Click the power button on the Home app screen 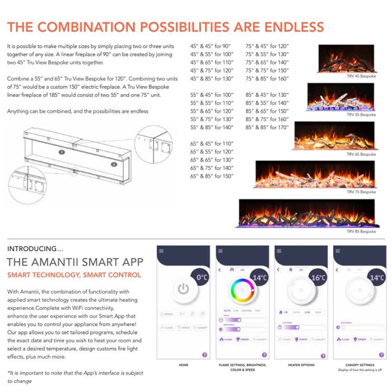click(x=183, y=290)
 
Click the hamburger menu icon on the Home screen click(x=161, y=251)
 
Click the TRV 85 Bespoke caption click(x=361, y=231)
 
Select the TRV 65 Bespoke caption click(x=361, y=154)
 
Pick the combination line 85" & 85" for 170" click(x=267, y=128)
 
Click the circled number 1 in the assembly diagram click(x=62, y=152)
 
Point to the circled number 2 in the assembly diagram click(x=114, y=165)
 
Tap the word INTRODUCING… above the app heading click(x=31, y=249)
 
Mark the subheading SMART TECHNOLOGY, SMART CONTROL click(x=74, y=275)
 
